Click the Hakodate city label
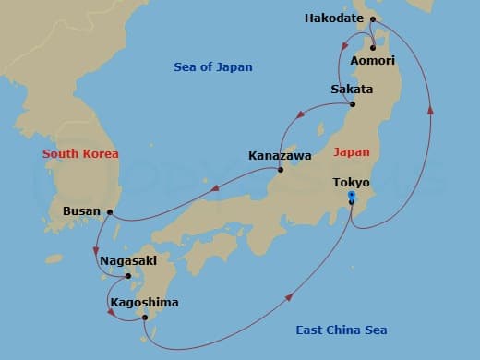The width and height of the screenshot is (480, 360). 335,18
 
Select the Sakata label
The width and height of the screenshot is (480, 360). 352,90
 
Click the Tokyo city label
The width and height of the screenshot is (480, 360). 352,183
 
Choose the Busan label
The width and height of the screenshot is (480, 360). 81,211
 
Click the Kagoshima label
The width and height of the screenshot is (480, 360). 144,302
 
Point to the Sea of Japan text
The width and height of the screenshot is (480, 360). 213,66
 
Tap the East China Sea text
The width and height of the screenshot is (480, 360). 342,330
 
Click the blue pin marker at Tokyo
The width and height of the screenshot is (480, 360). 352,197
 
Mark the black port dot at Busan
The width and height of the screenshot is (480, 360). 110,212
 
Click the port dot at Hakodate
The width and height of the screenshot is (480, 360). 373,18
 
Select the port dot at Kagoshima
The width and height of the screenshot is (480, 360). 145,318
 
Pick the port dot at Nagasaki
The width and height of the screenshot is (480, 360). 128,275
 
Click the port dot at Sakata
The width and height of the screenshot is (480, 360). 352,104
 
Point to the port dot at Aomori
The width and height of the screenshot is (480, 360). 372,47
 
